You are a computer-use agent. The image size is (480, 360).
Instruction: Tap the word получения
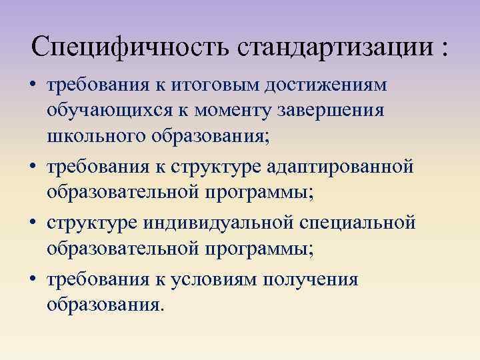pyautogui.click(x=312, y=279)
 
